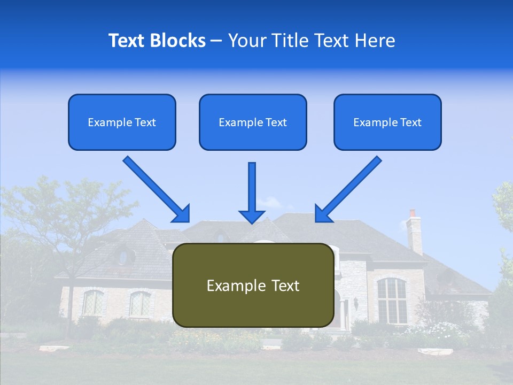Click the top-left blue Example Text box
(x=122, y=122)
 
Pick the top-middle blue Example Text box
(x=253, y=122)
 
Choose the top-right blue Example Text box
(x=387, y=122)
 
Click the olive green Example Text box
(x=253, y=285)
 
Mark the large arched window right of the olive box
(x=391, y=300)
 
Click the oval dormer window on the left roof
(x=124, y=257)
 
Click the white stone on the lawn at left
(x=53, y=349)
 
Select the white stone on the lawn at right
(x=435, y=351)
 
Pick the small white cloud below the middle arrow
(x=270, y=203)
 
